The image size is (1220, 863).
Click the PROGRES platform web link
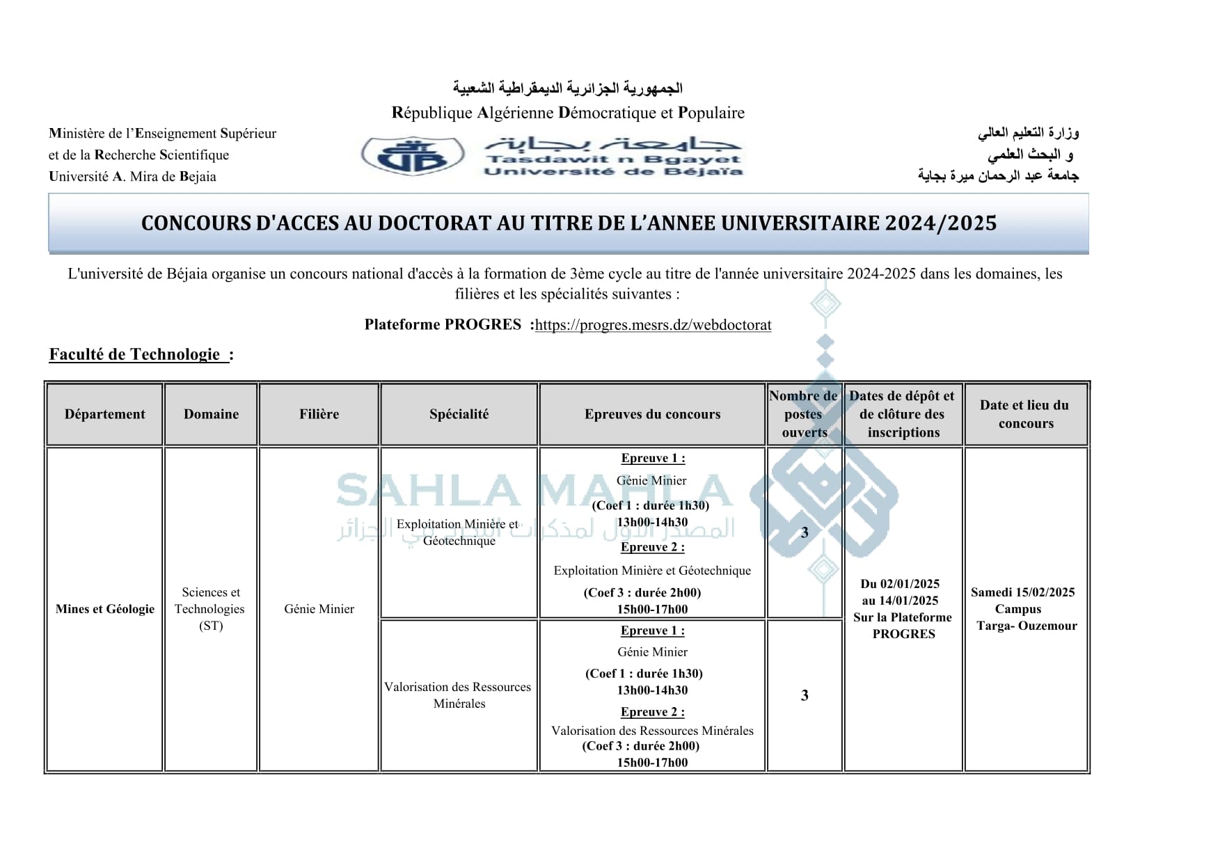coord(653,325)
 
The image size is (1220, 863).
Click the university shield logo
coord(413,155)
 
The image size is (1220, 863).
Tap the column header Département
coord(105,414)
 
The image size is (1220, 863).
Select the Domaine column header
coord(211,414)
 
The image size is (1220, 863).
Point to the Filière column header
coord(319,414)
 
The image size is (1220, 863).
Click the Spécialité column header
coord(459,414)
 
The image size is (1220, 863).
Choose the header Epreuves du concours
coord(652,414)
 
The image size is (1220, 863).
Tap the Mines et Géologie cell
coord(105,609)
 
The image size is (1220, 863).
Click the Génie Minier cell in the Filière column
coord(319,609)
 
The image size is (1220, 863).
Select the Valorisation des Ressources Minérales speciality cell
coord(458,695)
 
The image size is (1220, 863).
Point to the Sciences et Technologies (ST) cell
coord(210,609)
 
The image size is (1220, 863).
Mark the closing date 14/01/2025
coord(910,601)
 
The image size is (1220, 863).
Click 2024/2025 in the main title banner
coord(941,223)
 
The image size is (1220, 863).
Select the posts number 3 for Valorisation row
coord(805,695)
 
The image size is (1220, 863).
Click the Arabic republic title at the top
coord(567,88)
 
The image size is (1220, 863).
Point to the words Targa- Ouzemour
coord(1027,626)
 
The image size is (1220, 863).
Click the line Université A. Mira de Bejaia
coord(132,176)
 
